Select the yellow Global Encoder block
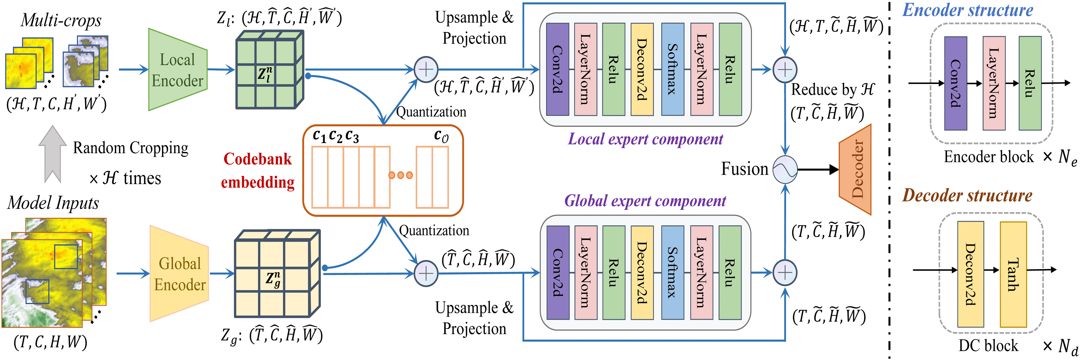pyautogui.click(x=179, y=274)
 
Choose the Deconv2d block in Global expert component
pyautogui.click(x=642, y=272)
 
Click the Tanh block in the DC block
pyautogui.click(x=1013, y=274)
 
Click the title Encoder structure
pyautogui.click(x=968, y=10)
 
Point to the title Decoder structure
pyautogui.click(x=967, y=195)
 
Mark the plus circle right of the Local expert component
pyautogui.click(x=785, y=70)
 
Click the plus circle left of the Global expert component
pyautogui.click(x=426, y=274)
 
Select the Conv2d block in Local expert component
pyautogui.click(x=557, y=69)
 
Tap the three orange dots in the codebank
pyautogui.click(x=400, y=175)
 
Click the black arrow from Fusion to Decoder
pyautogui.click(x=818, y=170)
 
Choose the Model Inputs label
pyautogui.click(x=53, y=203)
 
